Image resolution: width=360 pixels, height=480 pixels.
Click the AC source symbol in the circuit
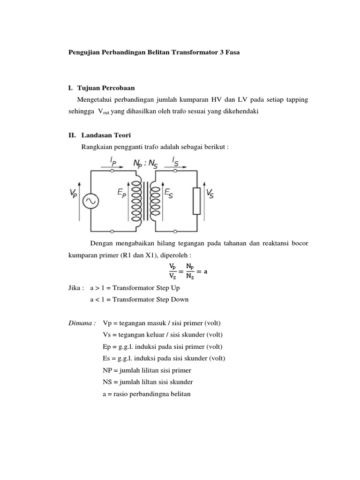90,201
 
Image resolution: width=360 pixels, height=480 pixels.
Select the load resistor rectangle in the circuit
197,201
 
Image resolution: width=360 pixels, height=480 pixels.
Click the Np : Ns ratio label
145,164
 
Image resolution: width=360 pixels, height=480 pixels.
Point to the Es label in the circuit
168,193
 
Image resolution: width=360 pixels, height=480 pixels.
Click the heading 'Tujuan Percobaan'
109,87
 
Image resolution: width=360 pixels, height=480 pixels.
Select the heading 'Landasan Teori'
106,135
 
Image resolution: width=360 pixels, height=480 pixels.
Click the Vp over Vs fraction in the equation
173,271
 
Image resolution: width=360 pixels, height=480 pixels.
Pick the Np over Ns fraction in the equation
190,271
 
